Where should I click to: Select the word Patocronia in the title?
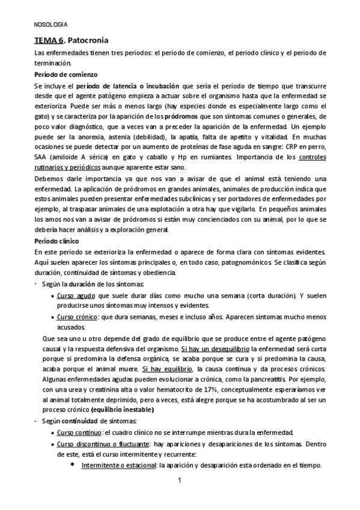pyautogui.click(x=89, y=41)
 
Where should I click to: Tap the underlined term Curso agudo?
pyautogui.click(x=77, y=296)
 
